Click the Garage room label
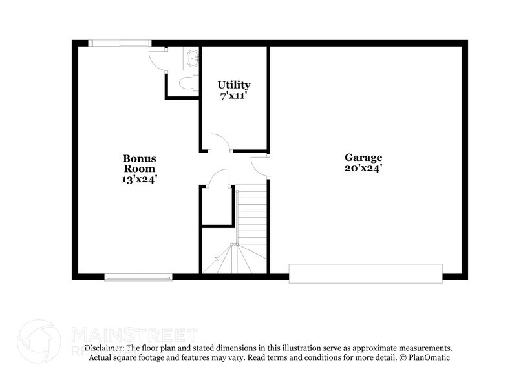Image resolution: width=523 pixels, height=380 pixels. [x=363, y=157]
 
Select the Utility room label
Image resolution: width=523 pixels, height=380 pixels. [x=233, y=85]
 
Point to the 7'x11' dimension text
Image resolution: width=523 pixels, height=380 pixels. [x=233, y=96]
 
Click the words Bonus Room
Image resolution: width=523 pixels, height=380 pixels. [x=139, y=163]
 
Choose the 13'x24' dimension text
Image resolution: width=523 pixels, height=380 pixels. [x=139, y=179]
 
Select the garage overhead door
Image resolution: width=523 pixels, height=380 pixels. [x=365, y=273]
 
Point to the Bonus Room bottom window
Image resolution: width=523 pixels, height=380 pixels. [x=138, y=278]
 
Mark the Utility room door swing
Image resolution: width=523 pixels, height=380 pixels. [x=217, y=143]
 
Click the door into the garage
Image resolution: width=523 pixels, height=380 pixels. [x=261, y=167]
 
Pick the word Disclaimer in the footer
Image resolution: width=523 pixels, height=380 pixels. [x=104, y=348]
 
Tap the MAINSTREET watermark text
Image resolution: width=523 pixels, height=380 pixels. [x=133, y=335]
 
